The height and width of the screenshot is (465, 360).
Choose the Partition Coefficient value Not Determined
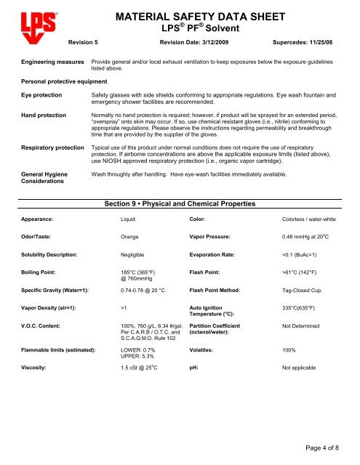pos(300,347)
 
